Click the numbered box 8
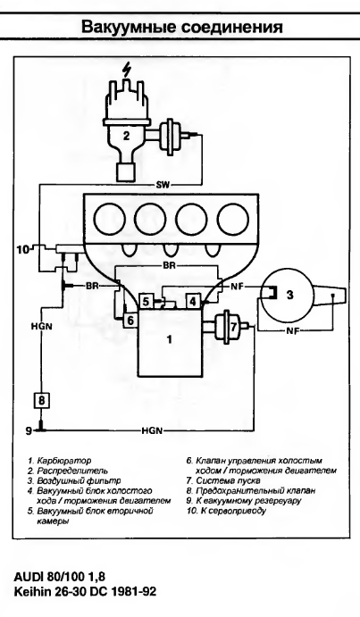coord(41,401)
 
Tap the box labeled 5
coord(146,302)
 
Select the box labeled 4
coord(193,302)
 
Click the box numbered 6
coord(130,321)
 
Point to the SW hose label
coord(162,185)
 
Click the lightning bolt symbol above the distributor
coord(126,71)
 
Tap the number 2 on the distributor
coord(126,136)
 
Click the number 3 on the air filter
coord(290,295)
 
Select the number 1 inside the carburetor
coord(170,338)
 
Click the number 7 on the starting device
coord(233,327)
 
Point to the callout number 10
coord(23,249)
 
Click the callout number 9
coord(29,431)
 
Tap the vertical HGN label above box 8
coord(42,326)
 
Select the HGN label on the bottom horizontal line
coord(152,431)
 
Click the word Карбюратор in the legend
coord(63,461)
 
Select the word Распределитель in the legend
coord(72,471)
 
